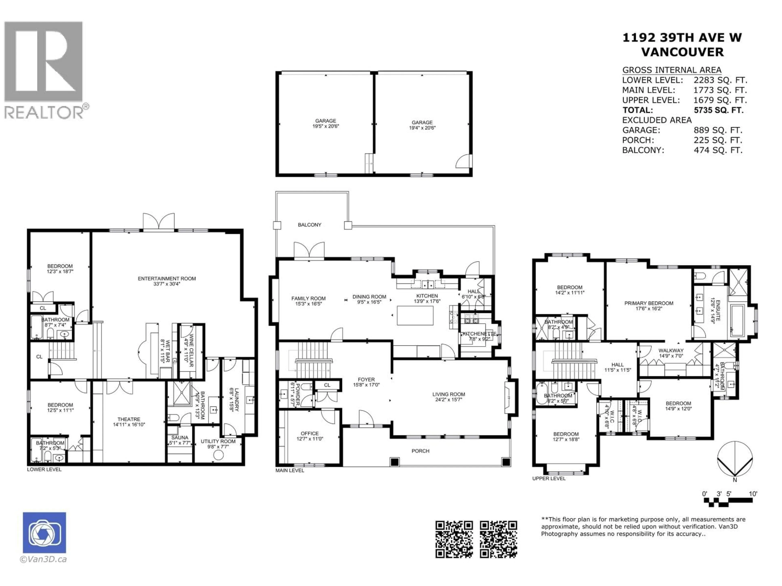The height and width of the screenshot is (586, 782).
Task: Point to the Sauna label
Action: coord(180,437)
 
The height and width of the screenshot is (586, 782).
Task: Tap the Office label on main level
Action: coord(310,433)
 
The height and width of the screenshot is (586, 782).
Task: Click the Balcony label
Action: coord(309,225)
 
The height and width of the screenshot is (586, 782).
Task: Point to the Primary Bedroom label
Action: coord(649,303)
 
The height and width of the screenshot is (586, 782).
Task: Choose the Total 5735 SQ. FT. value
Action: coord(718,110)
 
